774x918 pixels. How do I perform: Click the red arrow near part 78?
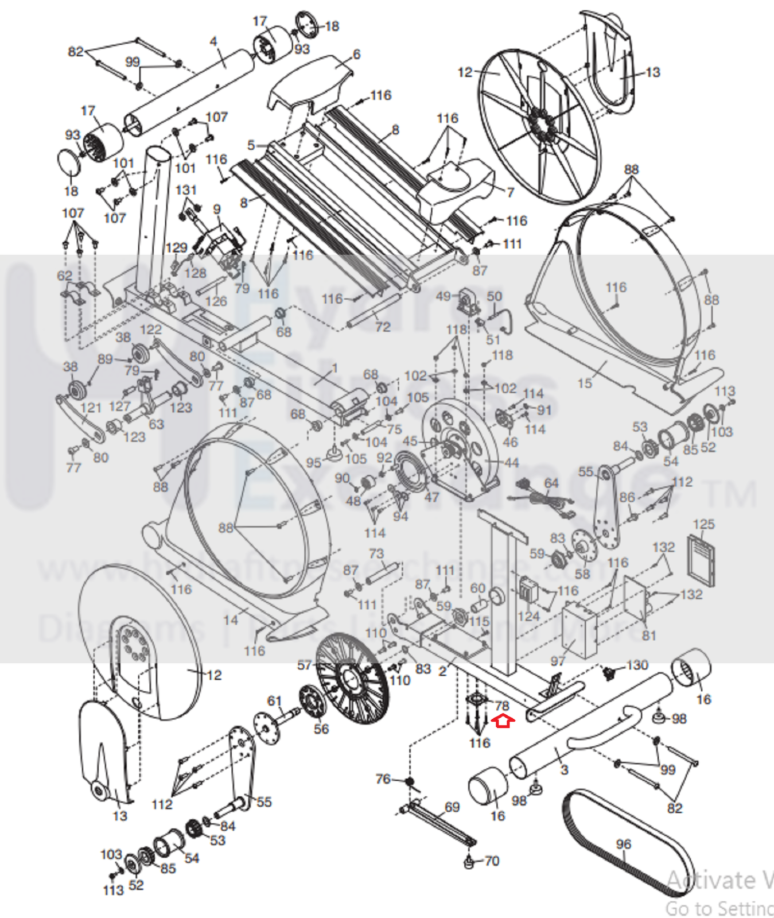pyautogui.click(x=503, y=721)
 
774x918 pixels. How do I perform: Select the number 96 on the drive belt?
pyautogui.click(x=624, y=844)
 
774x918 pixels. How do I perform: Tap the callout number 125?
pyautogui.click(x=703, y=524)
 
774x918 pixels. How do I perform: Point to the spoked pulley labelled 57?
pyautogui.click(x=351, y=678)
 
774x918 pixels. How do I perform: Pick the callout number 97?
pyautogui.click(x=558, y=661)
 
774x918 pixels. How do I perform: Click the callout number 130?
pyautogui.click(x=637, y=665)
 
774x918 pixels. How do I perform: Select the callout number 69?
pyautogui.click(x=452, y=807)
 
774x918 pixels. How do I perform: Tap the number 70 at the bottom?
pyautogui.click(x=492, y=861)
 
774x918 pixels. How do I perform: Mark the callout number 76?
pyautogui.click(x=383, y=779)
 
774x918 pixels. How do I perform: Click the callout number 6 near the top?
pyautogui.click(x=356, y=54)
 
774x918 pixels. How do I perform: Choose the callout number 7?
pyautogui.click(x=510, y=192)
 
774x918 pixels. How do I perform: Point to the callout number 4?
pyautogui.click(x=213, y=41)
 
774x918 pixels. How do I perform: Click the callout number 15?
pyautogui.click(x=585, y=383)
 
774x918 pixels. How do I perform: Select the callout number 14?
pyautogui.click(x=231, y=619)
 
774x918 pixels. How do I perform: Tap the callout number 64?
pyautogui.click(x=551, y=483)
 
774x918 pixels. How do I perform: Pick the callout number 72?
pyautogui.click(x=383, y=327)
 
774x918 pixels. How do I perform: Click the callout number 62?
pyautogui.click(x=65, y=276)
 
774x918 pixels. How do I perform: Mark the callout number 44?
pyautogui.click(x=511, y=462)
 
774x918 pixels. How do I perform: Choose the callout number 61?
pyautogui.click(x=274, y=701)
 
